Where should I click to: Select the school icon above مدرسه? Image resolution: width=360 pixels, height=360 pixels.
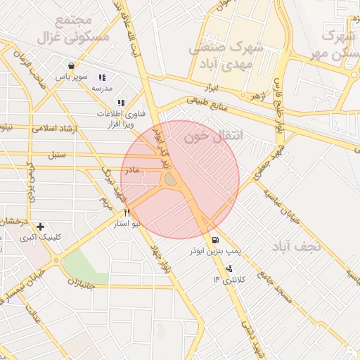tap(102, 77)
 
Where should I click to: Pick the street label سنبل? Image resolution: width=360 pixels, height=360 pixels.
tap(57, 153)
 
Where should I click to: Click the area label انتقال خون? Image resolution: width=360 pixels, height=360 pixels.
tap(213, 137)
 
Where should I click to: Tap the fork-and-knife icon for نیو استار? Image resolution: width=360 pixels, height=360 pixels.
tap(127, 212)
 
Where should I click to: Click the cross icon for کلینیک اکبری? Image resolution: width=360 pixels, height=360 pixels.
tap(40, 226)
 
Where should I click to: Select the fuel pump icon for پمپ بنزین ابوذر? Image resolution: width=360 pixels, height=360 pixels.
tap(214, 240)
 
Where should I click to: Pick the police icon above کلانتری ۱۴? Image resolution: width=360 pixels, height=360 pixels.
tap(229, 269)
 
